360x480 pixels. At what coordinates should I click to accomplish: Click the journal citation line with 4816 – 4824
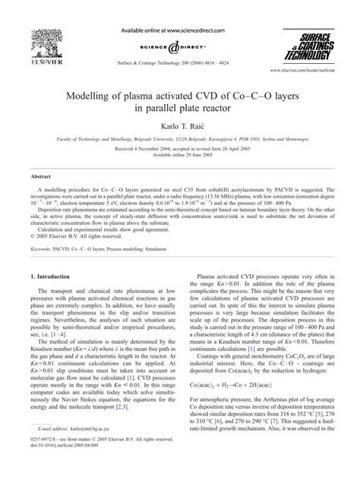(180, 47)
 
